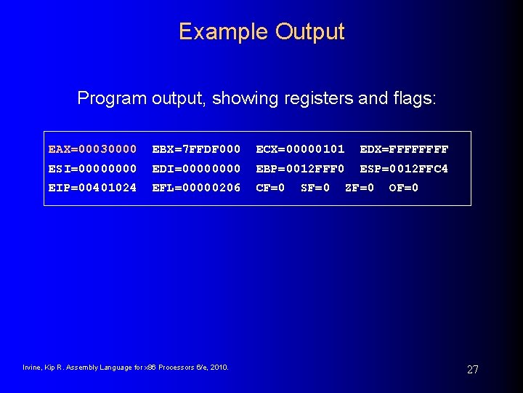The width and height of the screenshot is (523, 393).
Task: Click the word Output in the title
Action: pyautogui.click(x=310, y=32)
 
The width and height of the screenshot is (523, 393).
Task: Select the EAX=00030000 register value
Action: pyautogui.click(x=92, y=149)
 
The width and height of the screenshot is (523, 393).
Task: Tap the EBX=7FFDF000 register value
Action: pyautogui.click(x=196, y=149)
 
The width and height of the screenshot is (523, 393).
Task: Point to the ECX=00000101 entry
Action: pyautogui.click(x=300, y=149)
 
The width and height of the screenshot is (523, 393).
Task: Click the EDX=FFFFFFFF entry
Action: pyautogui.click(x=404, y=149)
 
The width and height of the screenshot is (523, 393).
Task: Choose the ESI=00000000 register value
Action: pyautogui.click(x=92, y=169)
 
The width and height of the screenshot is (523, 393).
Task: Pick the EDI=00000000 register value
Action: pyautogui.click(x=196, y=169)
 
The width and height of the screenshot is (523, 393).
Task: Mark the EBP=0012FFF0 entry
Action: pyautogui.click(x=300, y=169)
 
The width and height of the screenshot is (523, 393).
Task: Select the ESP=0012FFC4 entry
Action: pyautogui.click(x=404, y=169)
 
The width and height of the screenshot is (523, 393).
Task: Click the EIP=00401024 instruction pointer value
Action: pyautogui.click(x=92, y=188)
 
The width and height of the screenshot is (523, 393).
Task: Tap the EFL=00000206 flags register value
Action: pyautogui.click(x=196, y=188)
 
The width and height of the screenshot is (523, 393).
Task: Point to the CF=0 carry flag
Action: pyautogui.click(x=270, y=188)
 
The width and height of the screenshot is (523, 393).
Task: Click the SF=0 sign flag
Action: pyautogui.click(x=315, y=188)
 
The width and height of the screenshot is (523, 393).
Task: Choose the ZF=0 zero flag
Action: pyautogui.click(x=360, y=188)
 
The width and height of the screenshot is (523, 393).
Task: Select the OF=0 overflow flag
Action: pyautogui.click(x=404, y=188)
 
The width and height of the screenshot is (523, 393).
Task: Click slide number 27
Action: pyautogui.click(x=472, y=370)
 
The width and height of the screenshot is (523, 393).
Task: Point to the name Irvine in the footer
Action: pyautogui.click(x=33, y=368)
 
